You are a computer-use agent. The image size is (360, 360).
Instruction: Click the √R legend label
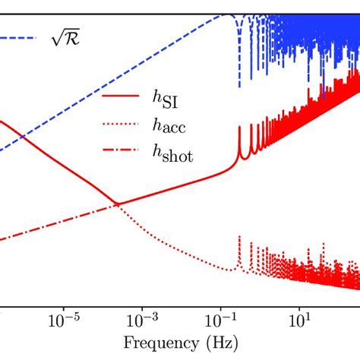[65, 36]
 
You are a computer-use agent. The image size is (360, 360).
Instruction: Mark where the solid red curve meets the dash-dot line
[118, 203]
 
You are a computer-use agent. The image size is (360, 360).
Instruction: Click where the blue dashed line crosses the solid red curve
[23, 137]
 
